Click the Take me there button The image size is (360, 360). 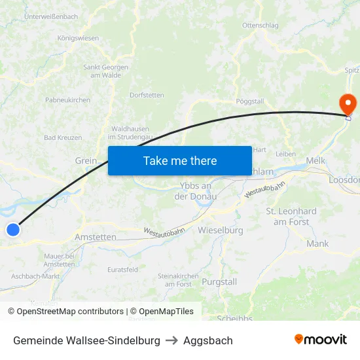point(179,160)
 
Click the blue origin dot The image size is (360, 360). point(13,229)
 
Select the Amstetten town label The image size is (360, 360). point(96,237)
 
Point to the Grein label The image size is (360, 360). point(86,160)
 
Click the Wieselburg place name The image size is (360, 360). point(220,230)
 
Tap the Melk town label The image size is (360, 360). point(315,160)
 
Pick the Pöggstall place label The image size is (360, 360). point(249,101)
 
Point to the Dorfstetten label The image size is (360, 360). point(147,95)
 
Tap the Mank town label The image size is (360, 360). point(317,243)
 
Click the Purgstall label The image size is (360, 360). point(219,281)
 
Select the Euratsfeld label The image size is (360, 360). point(122,269)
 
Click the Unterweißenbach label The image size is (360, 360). point(50,16)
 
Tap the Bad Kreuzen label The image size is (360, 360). point(63,137)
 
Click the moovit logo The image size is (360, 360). point(320,340)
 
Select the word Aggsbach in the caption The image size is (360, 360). point(207,340)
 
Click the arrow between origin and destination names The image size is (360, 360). point(171,340)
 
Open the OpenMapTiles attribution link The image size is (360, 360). point(162,312)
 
